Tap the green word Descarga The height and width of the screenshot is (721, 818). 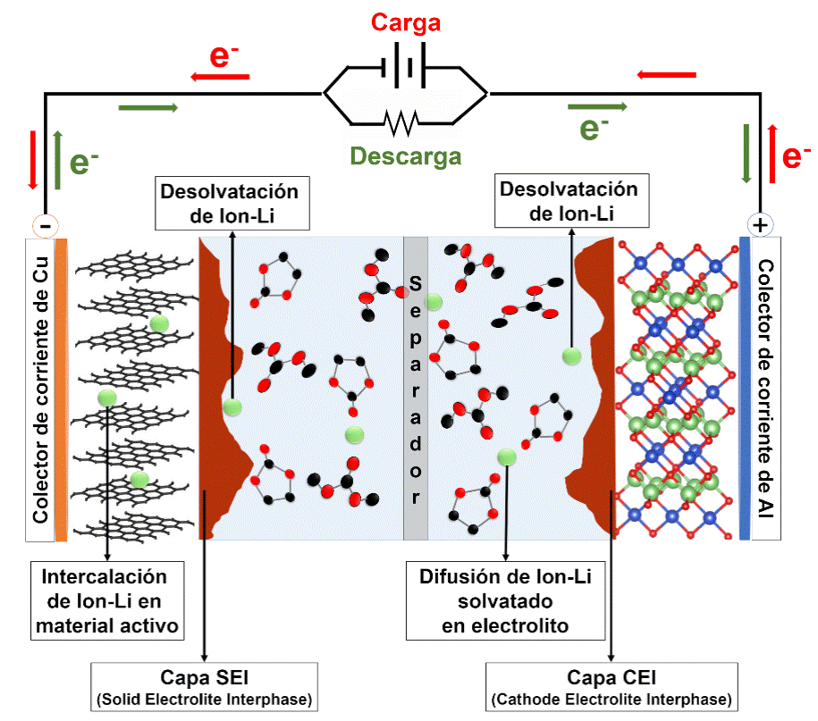click(x=406, y=157)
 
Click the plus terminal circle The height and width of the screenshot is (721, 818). click(x=759, y=224)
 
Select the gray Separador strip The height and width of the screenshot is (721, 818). click(x=415, y=389)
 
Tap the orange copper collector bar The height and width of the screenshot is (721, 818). click(x=61, y=389)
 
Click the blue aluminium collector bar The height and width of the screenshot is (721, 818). click(x=745, y=389)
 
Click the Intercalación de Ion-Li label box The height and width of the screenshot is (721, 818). click(x=107, y=599)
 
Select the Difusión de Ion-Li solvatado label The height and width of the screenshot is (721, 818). click(x=505, y=599)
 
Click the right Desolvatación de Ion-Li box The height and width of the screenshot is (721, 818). click(x=569, y=201)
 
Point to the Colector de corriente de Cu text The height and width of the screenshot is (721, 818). click(x=38, y=389)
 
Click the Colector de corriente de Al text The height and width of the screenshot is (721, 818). click(x=766, y=389)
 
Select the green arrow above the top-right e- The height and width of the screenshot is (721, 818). click(x=596, y=106)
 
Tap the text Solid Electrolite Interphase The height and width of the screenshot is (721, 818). click(x=205, y=698)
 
